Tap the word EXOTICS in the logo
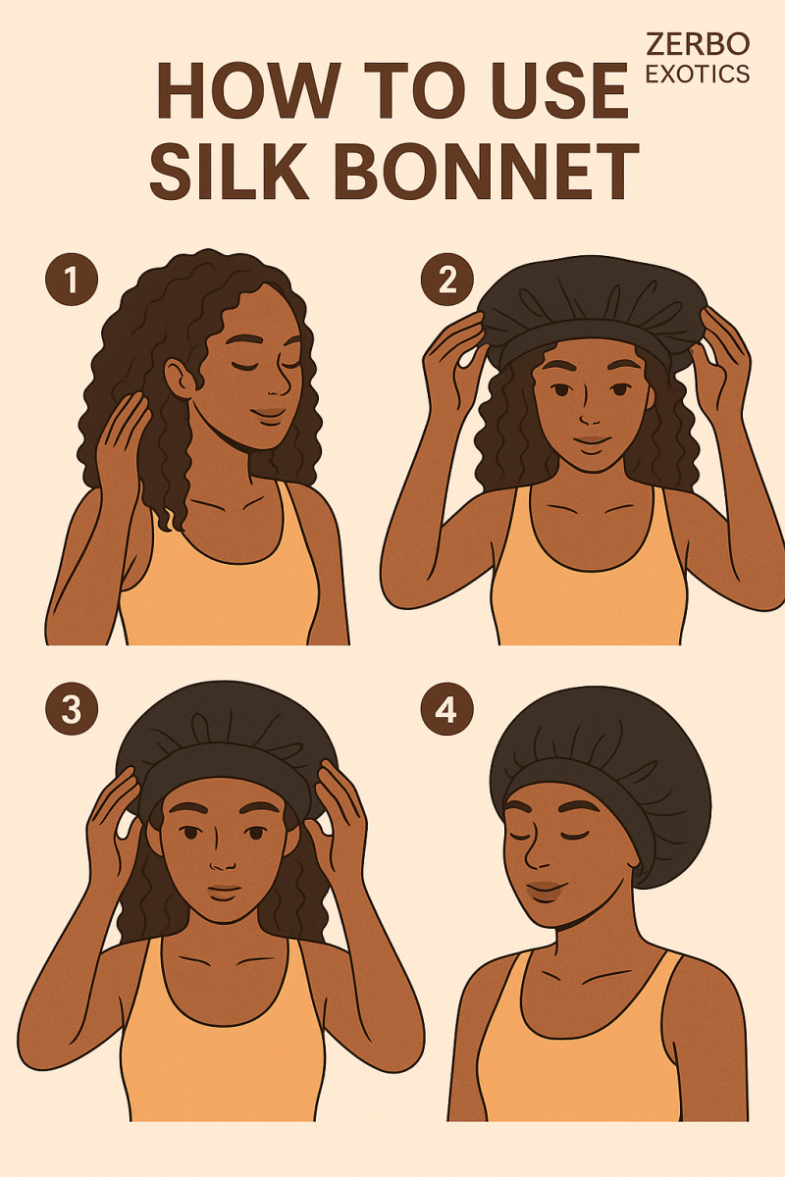(x=698, y=75)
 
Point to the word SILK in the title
(x=230, y=171)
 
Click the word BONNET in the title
(x=490, y=171)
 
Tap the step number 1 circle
(x=72, y=279)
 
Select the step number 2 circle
(x=446, y=279)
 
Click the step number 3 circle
(x=72, y=709)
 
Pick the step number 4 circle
(x=446, y=709)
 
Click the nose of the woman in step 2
(x=590, y=415)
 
